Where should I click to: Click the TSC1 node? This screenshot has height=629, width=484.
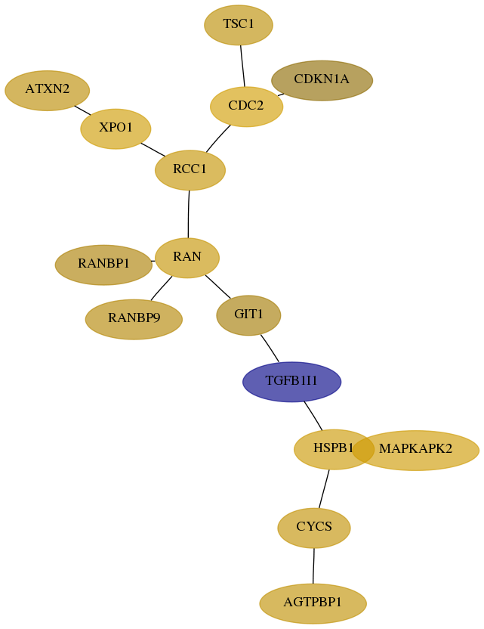[239, 25]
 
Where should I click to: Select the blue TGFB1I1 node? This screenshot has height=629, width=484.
[291, 382]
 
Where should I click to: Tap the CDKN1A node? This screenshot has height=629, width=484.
[322, 80]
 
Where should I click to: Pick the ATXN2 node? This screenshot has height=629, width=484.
[48, 90]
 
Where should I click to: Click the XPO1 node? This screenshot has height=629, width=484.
[116, 129]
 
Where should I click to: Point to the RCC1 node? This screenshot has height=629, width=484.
[190, 170]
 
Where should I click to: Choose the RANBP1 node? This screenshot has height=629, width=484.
[103, 265]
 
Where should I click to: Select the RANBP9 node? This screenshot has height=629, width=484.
[134, 319]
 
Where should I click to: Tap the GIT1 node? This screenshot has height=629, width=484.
[248, 315]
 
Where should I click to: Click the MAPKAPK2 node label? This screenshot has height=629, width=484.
[415, 448]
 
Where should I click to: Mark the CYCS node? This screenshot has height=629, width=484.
[314, 528]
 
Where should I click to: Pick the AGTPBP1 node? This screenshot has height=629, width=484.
[313, 603]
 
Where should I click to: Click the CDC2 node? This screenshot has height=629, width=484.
[246, 107]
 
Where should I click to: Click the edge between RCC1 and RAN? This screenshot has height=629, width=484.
[188, 214]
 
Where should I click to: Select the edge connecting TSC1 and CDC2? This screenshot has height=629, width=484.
[242, 66]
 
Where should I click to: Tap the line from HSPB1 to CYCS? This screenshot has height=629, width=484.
[324, 488]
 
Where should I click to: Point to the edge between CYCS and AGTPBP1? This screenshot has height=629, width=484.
[313, 565]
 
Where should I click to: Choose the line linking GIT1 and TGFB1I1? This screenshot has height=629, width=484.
[270, 349]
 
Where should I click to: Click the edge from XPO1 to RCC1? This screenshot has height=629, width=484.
[153, 149]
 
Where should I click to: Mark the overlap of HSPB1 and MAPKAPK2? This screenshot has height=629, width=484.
[363, 449]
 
